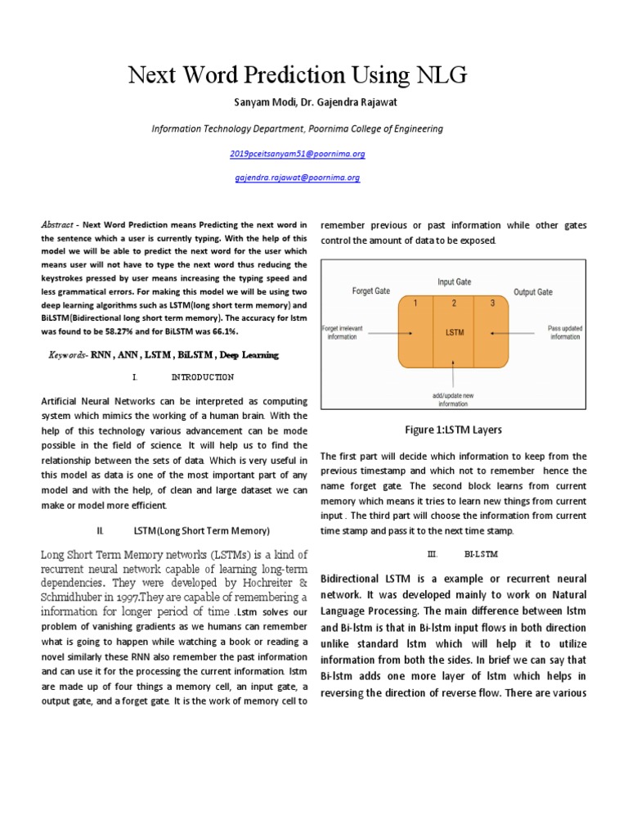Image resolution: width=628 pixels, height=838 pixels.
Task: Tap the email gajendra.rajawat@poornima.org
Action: coord(297,177)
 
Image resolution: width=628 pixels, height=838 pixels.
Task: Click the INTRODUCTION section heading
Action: coord(202,377)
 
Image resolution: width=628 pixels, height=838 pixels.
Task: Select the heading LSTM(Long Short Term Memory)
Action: coord(201,531)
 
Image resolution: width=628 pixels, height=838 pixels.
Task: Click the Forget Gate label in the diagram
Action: coord(370,291)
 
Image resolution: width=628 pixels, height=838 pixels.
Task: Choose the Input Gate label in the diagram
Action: coord(455,282)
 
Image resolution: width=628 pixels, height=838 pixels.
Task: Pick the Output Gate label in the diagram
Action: coord(532,292)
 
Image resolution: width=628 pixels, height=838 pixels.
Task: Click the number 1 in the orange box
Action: coord(415,304)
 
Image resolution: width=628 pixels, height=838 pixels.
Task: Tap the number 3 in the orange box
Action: coord(492,304)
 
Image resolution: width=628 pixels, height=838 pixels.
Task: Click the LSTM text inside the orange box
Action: coord(454,333)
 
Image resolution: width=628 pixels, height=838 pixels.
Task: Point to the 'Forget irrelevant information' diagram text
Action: coord(342,332)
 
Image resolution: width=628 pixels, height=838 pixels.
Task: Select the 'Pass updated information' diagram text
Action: coord(564,332)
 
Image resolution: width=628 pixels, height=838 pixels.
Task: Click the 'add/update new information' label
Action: coord(453,399)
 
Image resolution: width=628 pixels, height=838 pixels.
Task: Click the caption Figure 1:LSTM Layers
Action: coord(453,430)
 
